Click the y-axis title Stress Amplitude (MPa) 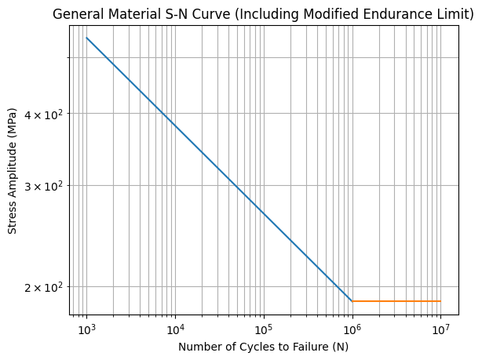click(12, 169)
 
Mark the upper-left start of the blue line click(86, 38)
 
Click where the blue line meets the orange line click(352, 301)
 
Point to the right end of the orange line click(440, 301)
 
